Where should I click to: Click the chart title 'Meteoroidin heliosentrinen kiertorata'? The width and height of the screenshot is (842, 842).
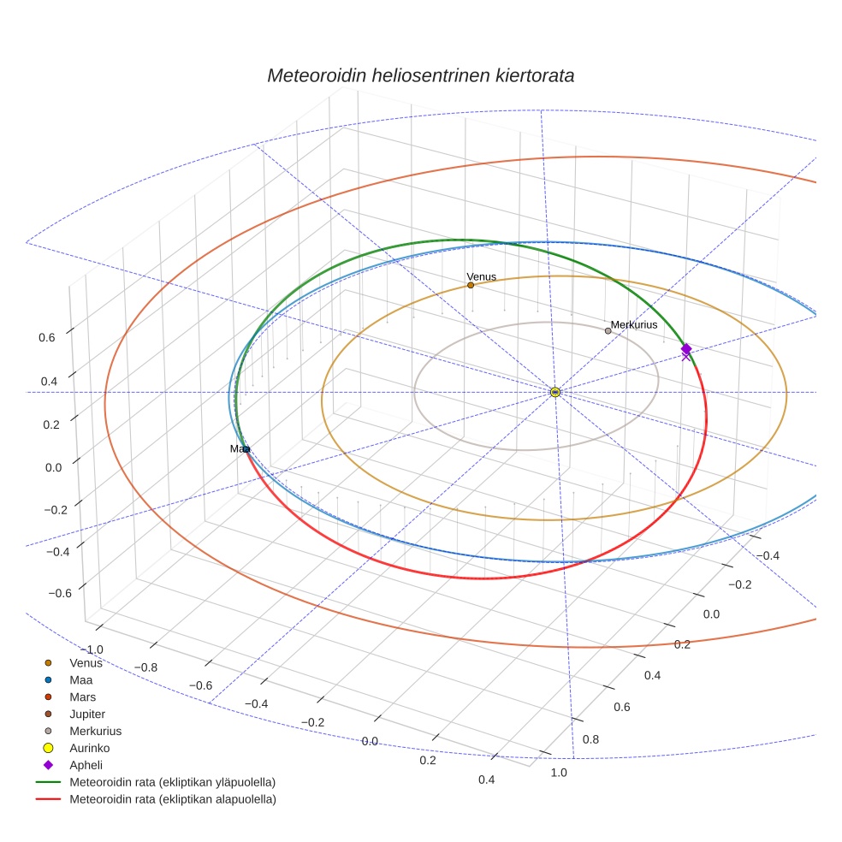coord(420,75)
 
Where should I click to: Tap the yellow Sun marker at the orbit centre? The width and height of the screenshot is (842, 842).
coord(555,392)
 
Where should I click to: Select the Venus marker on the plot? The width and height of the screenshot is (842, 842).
coord(471,285)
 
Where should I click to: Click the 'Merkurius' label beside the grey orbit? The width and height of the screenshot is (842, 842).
coord(634,325)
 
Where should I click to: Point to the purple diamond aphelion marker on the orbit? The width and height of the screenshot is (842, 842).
coord(686,348)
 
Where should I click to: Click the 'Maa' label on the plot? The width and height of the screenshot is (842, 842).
coord(240,448)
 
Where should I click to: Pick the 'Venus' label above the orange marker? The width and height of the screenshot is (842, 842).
coord(481,276)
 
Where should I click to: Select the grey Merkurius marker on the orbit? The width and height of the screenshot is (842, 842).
coord(608,330)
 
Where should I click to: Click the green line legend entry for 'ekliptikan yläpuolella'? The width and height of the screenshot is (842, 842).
coord(172,782)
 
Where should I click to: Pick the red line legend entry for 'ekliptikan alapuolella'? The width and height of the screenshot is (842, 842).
coord(172,799)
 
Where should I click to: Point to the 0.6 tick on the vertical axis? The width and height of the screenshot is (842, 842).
coord(47,337)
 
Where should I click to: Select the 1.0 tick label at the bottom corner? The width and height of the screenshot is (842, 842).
coord(558,773)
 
